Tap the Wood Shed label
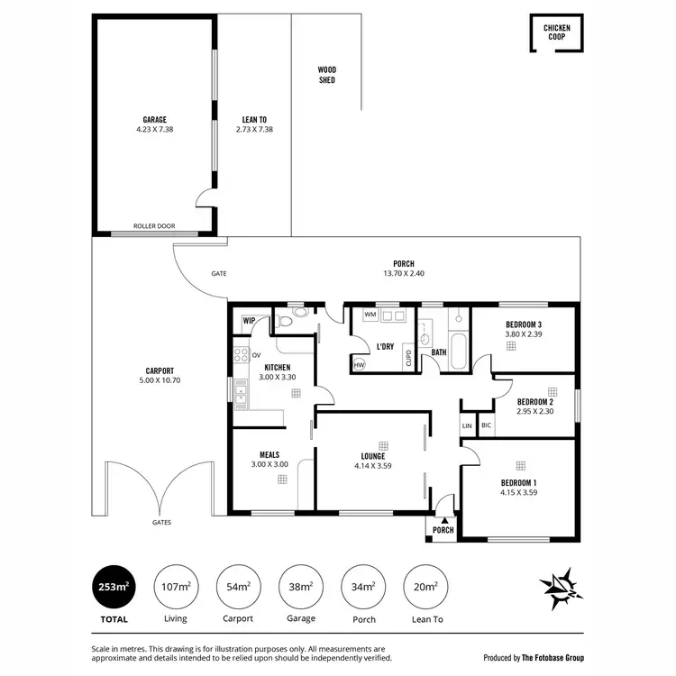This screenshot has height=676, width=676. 326,75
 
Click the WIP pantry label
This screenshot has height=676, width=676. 250,320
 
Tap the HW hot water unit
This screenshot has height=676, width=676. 359,364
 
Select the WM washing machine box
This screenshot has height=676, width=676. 370,315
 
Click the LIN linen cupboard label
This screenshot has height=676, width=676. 467,425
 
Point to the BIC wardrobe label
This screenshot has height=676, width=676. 487,425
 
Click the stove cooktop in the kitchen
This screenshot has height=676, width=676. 241,354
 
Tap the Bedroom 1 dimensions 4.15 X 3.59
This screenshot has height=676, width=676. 518,493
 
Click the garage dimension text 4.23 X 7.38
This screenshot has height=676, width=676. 154,129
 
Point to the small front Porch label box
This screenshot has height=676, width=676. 443,528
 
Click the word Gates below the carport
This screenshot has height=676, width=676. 161,523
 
